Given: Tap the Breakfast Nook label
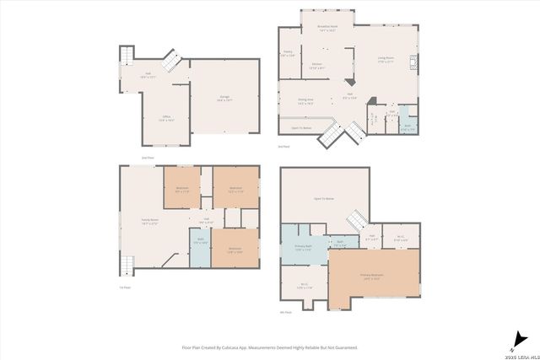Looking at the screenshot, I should tap(327, 27).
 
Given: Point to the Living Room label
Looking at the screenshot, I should tap(386, 61).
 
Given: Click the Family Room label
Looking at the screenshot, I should tap(150, 222).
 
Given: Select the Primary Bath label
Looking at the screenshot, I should tap(304, 248).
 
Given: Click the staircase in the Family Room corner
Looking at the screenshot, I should tap(127, 266).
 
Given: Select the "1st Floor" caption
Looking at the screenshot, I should tap(124, 287).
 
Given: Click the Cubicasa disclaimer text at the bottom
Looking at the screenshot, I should tap(270, 347).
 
